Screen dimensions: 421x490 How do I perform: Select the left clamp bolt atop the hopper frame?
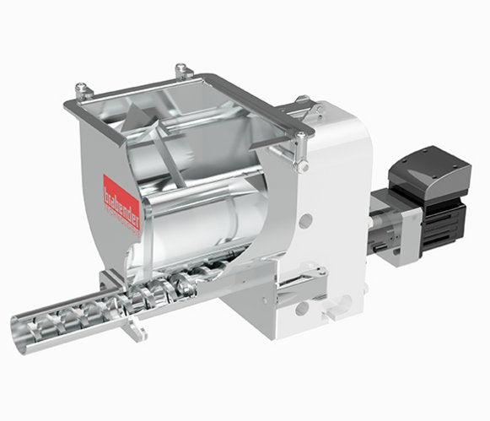pos(82,89)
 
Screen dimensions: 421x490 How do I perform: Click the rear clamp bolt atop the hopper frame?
pos(180,71)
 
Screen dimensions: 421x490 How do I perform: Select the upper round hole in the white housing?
pos(305,220)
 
